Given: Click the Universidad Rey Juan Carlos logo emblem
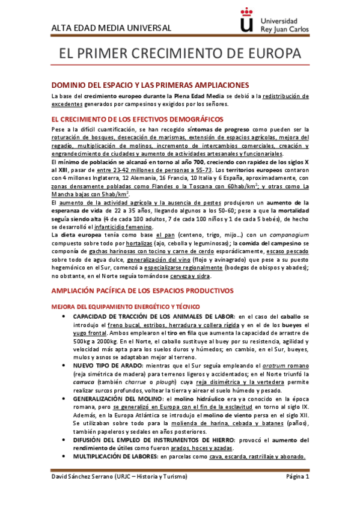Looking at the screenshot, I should coord(246,22).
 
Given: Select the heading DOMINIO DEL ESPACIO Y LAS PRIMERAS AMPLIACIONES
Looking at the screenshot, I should coord(142,85).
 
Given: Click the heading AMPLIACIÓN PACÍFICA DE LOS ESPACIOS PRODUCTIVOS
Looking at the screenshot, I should coord(142,290).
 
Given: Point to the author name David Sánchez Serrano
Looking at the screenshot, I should coord(84,494).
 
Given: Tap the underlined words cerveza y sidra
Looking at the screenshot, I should coord(182,275).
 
